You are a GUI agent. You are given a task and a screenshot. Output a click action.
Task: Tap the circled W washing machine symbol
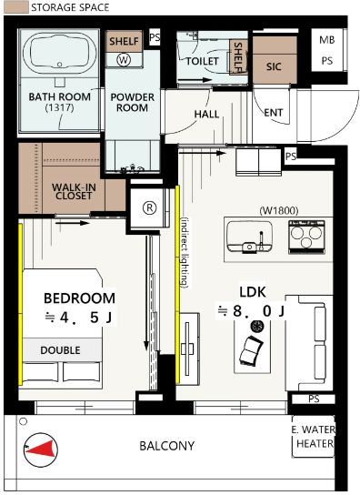(124, 60)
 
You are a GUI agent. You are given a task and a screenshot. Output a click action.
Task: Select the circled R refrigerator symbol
(150, 207)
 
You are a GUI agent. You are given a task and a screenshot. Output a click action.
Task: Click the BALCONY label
(167, 446)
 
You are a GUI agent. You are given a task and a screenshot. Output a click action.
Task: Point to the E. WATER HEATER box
(314, 437)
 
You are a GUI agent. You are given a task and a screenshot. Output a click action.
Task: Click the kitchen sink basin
(249, 237)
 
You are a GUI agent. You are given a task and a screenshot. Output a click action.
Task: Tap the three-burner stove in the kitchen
(306, 237)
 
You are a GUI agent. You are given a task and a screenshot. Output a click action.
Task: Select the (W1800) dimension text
(278, 210)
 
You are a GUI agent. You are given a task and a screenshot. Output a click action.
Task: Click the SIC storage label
(274, 66)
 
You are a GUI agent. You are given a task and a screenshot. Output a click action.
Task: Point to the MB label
(326, 40)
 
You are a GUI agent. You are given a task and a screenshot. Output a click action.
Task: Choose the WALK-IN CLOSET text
(74, 191)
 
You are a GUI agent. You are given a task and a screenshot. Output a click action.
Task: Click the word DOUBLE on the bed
(60, 350)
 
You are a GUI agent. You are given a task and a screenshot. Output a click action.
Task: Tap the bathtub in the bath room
(59, 53)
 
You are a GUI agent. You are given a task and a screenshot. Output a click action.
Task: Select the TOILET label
(202, 61)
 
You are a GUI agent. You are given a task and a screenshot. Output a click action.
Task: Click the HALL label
(206, 114)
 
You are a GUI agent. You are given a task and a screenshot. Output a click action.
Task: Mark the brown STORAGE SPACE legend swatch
(16, 7)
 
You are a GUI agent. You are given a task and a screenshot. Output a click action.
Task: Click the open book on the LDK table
(251, 350)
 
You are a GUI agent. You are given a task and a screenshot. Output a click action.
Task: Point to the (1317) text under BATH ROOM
(60, 107)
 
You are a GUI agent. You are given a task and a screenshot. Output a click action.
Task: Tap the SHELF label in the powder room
(124, 41)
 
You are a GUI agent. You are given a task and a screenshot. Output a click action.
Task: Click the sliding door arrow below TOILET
(195, 80)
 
